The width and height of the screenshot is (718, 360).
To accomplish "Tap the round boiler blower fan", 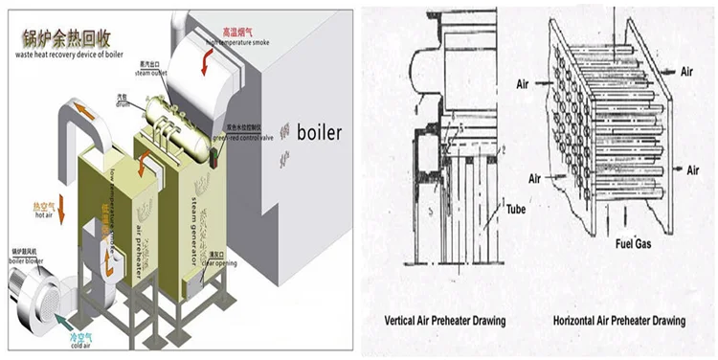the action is (34, 288).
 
